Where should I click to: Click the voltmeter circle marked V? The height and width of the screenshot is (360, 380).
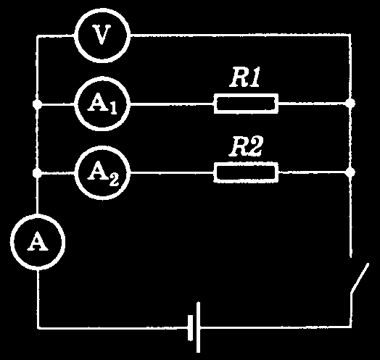[102, 35]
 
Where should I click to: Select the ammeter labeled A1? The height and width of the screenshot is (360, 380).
[102, 104]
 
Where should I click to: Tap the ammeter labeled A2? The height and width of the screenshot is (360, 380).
[102, 173]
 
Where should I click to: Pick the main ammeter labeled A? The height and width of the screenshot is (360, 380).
[38, 242]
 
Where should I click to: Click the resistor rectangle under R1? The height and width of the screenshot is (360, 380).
[246, 104]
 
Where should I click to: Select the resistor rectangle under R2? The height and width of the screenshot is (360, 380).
[246, 172]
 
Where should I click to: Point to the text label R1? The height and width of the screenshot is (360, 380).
[245, 78]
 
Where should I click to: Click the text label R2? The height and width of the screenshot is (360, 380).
[246, 147]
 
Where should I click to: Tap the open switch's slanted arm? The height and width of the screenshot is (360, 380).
[360, 278]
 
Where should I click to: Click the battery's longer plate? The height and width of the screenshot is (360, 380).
[198, 327]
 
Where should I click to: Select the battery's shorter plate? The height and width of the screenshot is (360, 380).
[190, 328]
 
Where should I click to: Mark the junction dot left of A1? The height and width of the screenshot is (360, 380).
[37, 104]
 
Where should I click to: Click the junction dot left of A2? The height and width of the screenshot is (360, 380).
[37, 173]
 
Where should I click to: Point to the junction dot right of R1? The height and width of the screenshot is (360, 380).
[350, 104]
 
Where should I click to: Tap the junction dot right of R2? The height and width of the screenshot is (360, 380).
[350, 172]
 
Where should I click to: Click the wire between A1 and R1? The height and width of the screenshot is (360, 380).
[172, 104]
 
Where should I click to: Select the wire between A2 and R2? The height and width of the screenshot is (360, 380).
[172, 173]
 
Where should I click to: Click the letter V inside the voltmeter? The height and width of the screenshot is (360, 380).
[102, 35]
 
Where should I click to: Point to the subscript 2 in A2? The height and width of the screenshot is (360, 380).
[114, 180]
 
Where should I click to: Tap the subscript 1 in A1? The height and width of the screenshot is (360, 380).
[113, 109]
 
